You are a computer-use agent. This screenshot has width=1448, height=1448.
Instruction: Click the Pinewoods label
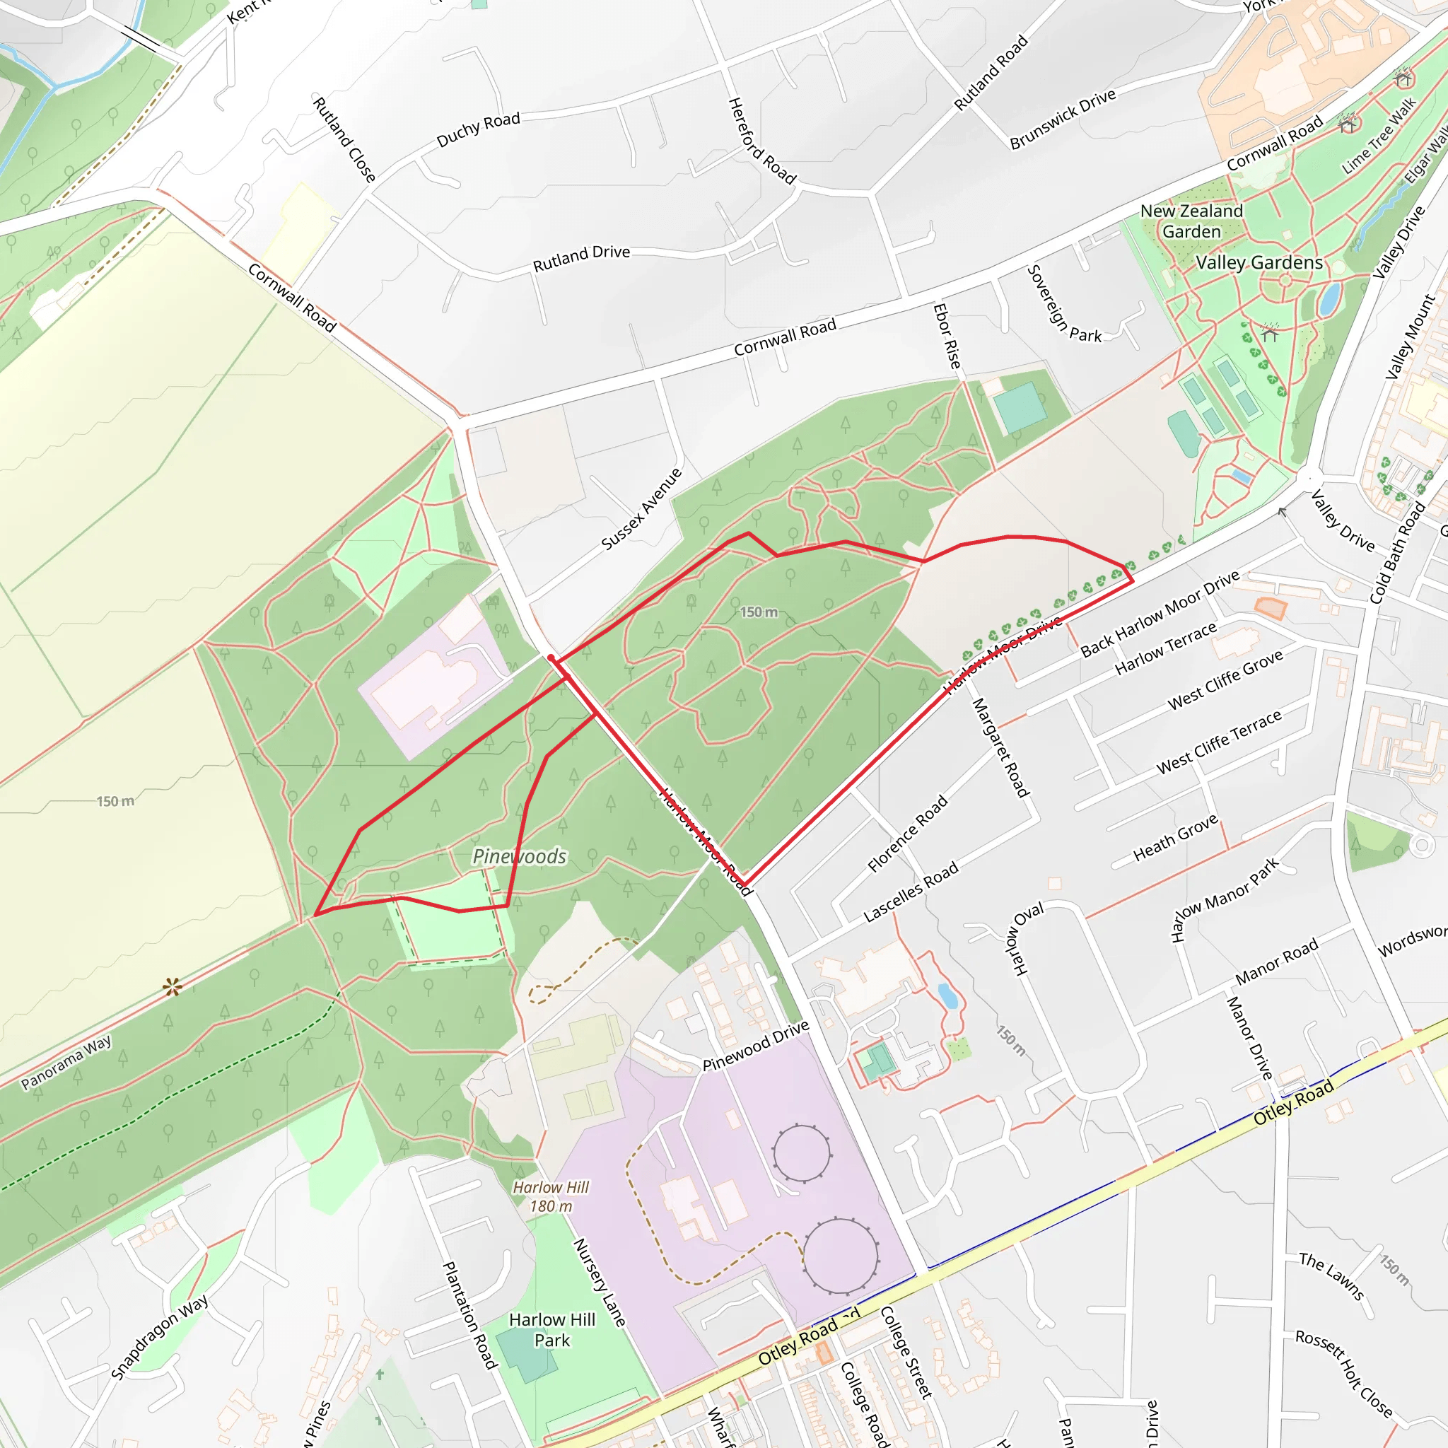(x=520, y=856)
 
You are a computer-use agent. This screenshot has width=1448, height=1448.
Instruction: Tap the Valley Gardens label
(x=1259, y=262)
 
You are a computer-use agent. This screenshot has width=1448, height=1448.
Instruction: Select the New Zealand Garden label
(x=1191, y=221)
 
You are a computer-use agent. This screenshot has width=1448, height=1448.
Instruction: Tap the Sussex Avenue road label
(x=641, y=509)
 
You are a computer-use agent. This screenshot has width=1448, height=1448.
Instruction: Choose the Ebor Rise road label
(x=947, y=336)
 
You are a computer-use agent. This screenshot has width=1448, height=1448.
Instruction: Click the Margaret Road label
(x=1000, y=747)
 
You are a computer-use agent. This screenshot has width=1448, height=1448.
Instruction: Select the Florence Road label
(x=908, y=834)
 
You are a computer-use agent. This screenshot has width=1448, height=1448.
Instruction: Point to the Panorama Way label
(x=66, y=1062)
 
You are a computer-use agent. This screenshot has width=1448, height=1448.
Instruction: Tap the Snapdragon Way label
(x=160, y=1337)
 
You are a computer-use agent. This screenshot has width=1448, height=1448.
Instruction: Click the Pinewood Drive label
(x=756, y=1046)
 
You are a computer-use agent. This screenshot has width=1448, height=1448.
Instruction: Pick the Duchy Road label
(x=478, y=129)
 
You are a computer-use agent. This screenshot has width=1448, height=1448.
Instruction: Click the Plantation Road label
(x=470, y=1315)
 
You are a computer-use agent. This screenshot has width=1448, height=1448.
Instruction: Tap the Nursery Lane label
(x=599, y=1283)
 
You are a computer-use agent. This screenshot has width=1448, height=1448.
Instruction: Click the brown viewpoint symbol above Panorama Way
(x=173, y=987)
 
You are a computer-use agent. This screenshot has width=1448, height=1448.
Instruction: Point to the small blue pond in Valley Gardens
(x=1329, y=298)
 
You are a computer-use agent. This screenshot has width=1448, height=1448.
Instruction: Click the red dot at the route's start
(x=551, y=658)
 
